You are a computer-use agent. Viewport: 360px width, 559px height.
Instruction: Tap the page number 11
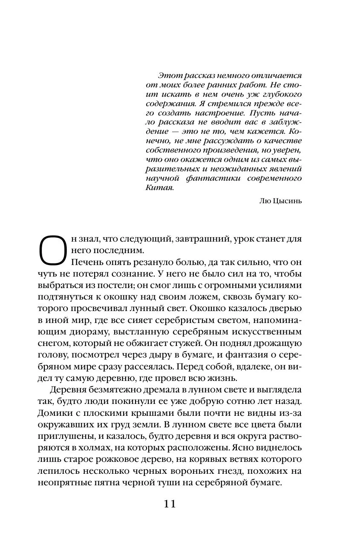[x=170, y=504]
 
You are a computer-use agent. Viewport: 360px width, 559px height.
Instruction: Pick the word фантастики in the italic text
[x=211, y=178]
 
